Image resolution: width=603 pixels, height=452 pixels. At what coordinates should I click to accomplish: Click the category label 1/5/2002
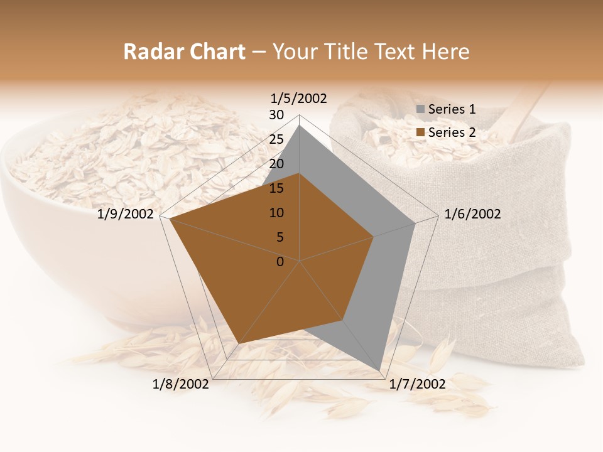[299, 98]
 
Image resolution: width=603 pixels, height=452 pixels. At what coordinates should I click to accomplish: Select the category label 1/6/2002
[472, 214]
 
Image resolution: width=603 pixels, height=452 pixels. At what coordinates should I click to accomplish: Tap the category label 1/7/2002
[417, 384]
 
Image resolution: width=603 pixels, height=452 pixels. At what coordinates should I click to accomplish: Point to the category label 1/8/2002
[181, 384]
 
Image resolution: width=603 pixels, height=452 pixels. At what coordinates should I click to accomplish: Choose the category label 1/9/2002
[126, 214]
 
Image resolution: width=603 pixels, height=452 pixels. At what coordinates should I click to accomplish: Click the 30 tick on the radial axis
[276, 115]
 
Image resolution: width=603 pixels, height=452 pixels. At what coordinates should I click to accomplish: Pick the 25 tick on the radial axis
[276, 139]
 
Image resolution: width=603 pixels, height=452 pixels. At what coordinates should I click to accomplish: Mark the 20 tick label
[276, 164]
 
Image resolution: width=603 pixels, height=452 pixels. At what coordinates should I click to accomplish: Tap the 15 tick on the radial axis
[276, 188]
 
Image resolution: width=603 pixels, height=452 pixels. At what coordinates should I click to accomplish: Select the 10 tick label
[276, 213]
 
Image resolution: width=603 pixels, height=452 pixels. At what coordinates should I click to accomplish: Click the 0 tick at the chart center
[280, 262]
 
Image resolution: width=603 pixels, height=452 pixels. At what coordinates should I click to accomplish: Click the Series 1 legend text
[452, 109]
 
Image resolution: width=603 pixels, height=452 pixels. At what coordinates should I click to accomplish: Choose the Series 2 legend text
[452, 132]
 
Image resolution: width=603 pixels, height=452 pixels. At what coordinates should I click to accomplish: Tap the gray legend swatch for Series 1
[421, 110]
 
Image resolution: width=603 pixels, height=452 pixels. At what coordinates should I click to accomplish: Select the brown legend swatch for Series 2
[421, 133]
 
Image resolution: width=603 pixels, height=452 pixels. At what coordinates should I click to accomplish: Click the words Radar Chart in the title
[184, 51]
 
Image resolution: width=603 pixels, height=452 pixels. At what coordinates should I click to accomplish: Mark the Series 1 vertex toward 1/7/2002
[380, 370]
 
